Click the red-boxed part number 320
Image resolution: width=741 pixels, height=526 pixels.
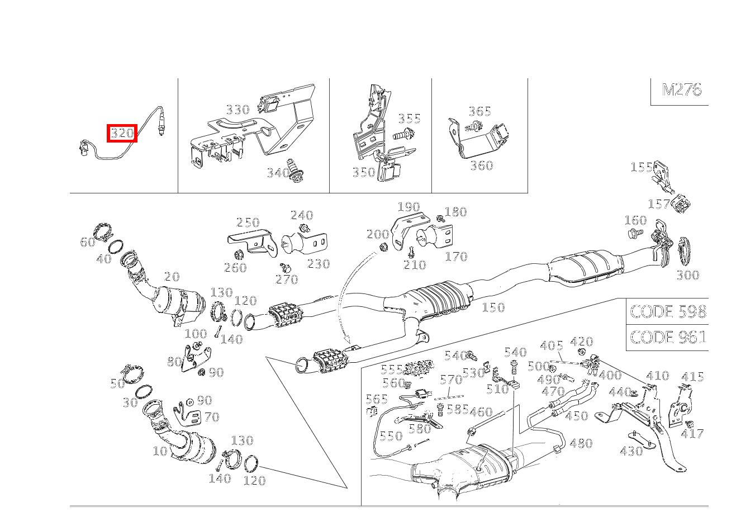[122, 134]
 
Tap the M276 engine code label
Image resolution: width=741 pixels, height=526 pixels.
[681, 90]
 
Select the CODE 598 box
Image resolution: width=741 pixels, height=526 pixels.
[667, 311]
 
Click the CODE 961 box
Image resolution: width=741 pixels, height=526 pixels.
[667, 338]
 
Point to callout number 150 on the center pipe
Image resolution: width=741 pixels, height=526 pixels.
[492, 307]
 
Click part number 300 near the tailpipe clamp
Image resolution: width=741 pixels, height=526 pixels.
[687, 275]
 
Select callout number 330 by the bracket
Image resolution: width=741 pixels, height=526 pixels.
[237, 110]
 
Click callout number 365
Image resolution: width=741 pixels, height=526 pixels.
[479, 111]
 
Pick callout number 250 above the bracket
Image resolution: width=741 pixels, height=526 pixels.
[248, 222]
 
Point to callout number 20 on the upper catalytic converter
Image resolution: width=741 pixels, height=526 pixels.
[172, 276]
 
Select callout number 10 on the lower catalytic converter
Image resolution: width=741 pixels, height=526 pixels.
[160, 451]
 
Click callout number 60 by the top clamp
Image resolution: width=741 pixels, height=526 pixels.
[88, 242]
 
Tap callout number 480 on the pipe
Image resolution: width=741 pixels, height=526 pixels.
[581, 443]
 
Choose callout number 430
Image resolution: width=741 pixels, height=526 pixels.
[631, 451]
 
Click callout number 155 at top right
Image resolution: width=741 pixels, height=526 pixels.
[641, 167]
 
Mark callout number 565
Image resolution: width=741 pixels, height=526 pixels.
[377, 399]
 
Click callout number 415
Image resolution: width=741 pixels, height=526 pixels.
[692, 377]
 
